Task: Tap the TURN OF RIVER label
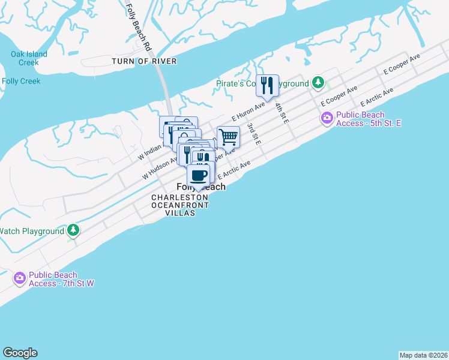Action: [x=145, y=61]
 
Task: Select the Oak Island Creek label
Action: [x=29, y=58]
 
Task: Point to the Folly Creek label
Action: [x=21, y=81]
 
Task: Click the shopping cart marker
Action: [x=228, y=137]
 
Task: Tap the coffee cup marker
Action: [x=199, y=176]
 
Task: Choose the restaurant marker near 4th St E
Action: [x=267, y=85]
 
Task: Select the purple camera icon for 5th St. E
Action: [x=327, y=118]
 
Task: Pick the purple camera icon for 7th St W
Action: [x=20, y=278]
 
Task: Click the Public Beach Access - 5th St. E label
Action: [x=369, y=119]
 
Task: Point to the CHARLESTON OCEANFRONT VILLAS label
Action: [x=179, y=205]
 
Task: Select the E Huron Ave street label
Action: [x=249, y=112]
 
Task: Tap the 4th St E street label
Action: [x=282, y=113]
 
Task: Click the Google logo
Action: [x=20, y=353]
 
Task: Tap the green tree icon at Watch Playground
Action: [x=73, y=230]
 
